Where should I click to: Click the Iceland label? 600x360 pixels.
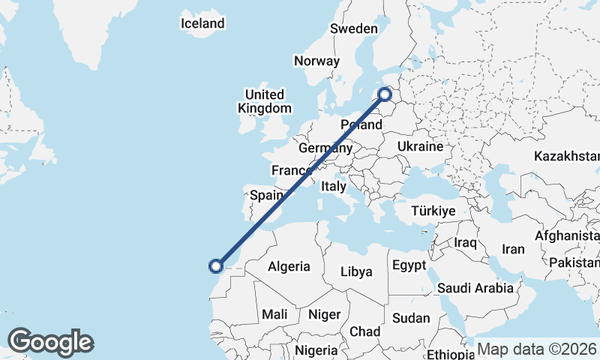pos(202,23)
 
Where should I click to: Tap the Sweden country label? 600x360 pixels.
pos(354,28)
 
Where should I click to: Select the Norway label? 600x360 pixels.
pos(317,61)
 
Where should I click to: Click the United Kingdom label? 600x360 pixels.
pos(265,101)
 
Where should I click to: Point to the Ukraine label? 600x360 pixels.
pos(421,146)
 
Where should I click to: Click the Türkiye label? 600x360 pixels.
pos(433,211)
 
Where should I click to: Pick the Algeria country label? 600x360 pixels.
pos(289,266)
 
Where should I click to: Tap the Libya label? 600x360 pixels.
pos(356,271)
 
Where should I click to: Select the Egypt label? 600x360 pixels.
pos(409,265)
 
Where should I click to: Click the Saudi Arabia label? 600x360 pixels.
pos(475,288)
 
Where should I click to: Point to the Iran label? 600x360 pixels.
pos(513,249)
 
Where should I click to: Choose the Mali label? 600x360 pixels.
pos(274,314)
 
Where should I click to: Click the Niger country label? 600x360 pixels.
pos(325,314)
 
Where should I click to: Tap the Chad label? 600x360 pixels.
pos(365,331)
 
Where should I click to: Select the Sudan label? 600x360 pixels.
pos(411,318)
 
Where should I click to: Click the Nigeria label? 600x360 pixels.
pos(316,350)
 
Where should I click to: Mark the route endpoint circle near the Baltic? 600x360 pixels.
pos(385,94)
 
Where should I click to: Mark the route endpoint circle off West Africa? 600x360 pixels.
pos(216,265)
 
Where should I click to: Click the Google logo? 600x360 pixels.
pos(50,342)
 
